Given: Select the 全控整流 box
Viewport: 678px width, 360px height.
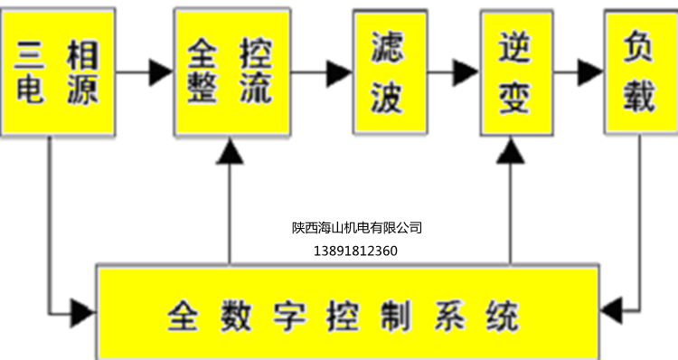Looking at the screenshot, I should tap(231, 71).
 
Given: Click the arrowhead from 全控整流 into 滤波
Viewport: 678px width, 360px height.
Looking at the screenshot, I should tap(340, 71).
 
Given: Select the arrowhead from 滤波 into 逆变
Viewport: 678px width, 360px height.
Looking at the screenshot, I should tap(466, 71).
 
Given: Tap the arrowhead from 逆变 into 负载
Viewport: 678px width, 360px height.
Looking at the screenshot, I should tap(591, 71).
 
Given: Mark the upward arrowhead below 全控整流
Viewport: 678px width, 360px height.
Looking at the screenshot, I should tap(231, 155).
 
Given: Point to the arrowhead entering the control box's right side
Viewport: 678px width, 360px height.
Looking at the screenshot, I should tap(614, 312).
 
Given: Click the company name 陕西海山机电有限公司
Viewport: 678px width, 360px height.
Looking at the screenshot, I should tap(357, 228).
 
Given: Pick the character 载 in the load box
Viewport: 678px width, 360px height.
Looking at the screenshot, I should tap(640, 96).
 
